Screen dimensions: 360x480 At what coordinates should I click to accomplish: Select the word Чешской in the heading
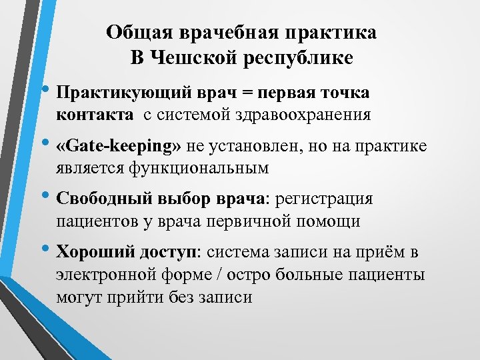[191, 58]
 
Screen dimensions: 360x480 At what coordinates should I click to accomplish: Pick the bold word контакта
[95, 114]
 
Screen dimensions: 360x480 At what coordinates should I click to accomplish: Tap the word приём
[387, 253]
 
